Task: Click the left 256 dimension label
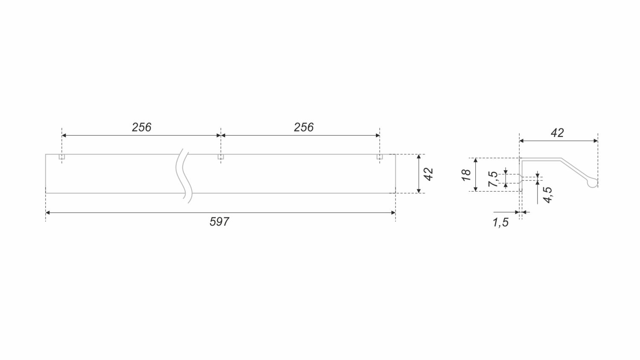(141, 127)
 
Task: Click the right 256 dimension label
(303, 127)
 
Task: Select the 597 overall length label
(219, 222)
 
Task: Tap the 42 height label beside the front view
(428, 174)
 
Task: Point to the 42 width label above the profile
(557, 133)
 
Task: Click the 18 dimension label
(466, 175)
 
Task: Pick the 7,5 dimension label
(493, 179)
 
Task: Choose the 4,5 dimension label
(548, 195)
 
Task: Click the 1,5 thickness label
(500, 223)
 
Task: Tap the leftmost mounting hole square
(62, 157)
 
